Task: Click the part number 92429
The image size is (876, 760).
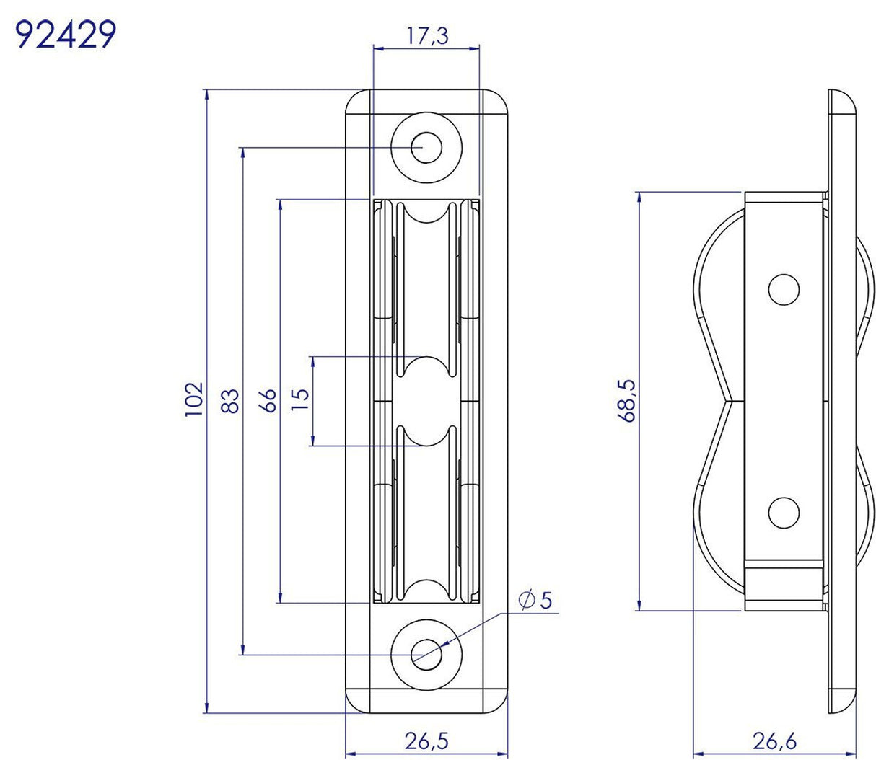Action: click(x=66, y=34)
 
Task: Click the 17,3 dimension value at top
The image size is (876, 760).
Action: click(x=426, y=35)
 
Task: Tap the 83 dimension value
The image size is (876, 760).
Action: click(x=229, y=401)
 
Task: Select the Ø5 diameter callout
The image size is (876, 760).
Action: click(x=535, y=599)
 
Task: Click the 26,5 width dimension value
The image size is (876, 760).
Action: click(x=426, y=741)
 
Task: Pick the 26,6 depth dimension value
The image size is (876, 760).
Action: click(x=776, y=741)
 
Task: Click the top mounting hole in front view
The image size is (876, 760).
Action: click(x=426, y=148)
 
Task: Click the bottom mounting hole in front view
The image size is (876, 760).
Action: click(x=426, y=653)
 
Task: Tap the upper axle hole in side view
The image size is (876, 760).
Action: click(x=784, y=290)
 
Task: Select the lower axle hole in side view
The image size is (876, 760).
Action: click(x=784, y=513)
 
